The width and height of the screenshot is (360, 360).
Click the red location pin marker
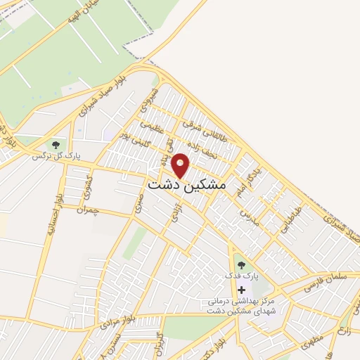(x=181, y=165)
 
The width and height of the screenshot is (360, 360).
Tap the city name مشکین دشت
(x=188, y=184)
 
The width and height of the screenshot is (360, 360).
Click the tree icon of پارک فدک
(x=242, y=266)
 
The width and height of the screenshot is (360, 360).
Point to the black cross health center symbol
(x=242, y=290)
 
